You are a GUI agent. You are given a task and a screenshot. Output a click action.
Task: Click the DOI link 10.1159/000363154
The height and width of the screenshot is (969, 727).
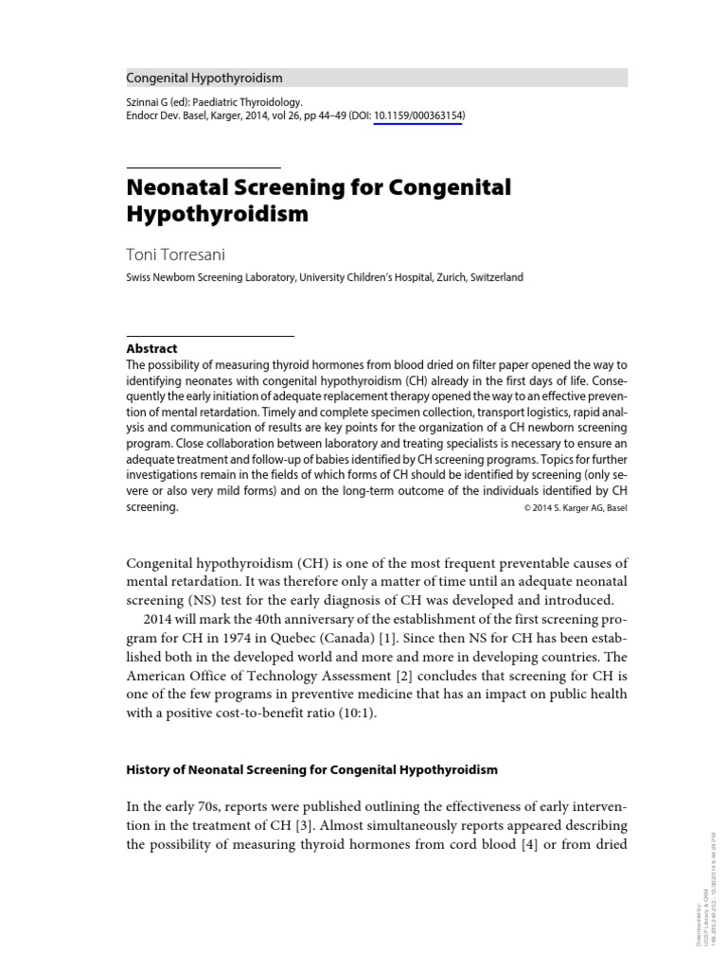point(417,116)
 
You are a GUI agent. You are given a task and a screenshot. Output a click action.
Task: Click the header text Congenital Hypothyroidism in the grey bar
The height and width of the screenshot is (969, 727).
point(204,78)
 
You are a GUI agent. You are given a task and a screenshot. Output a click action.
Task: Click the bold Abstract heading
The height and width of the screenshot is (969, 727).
point(151,348)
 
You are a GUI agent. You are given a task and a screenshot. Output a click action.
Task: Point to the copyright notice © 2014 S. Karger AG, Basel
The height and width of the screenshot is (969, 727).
point(575,508)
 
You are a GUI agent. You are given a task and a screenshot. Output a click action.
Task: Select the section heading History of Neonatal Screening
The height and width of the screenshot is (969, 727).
point(311,769)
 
